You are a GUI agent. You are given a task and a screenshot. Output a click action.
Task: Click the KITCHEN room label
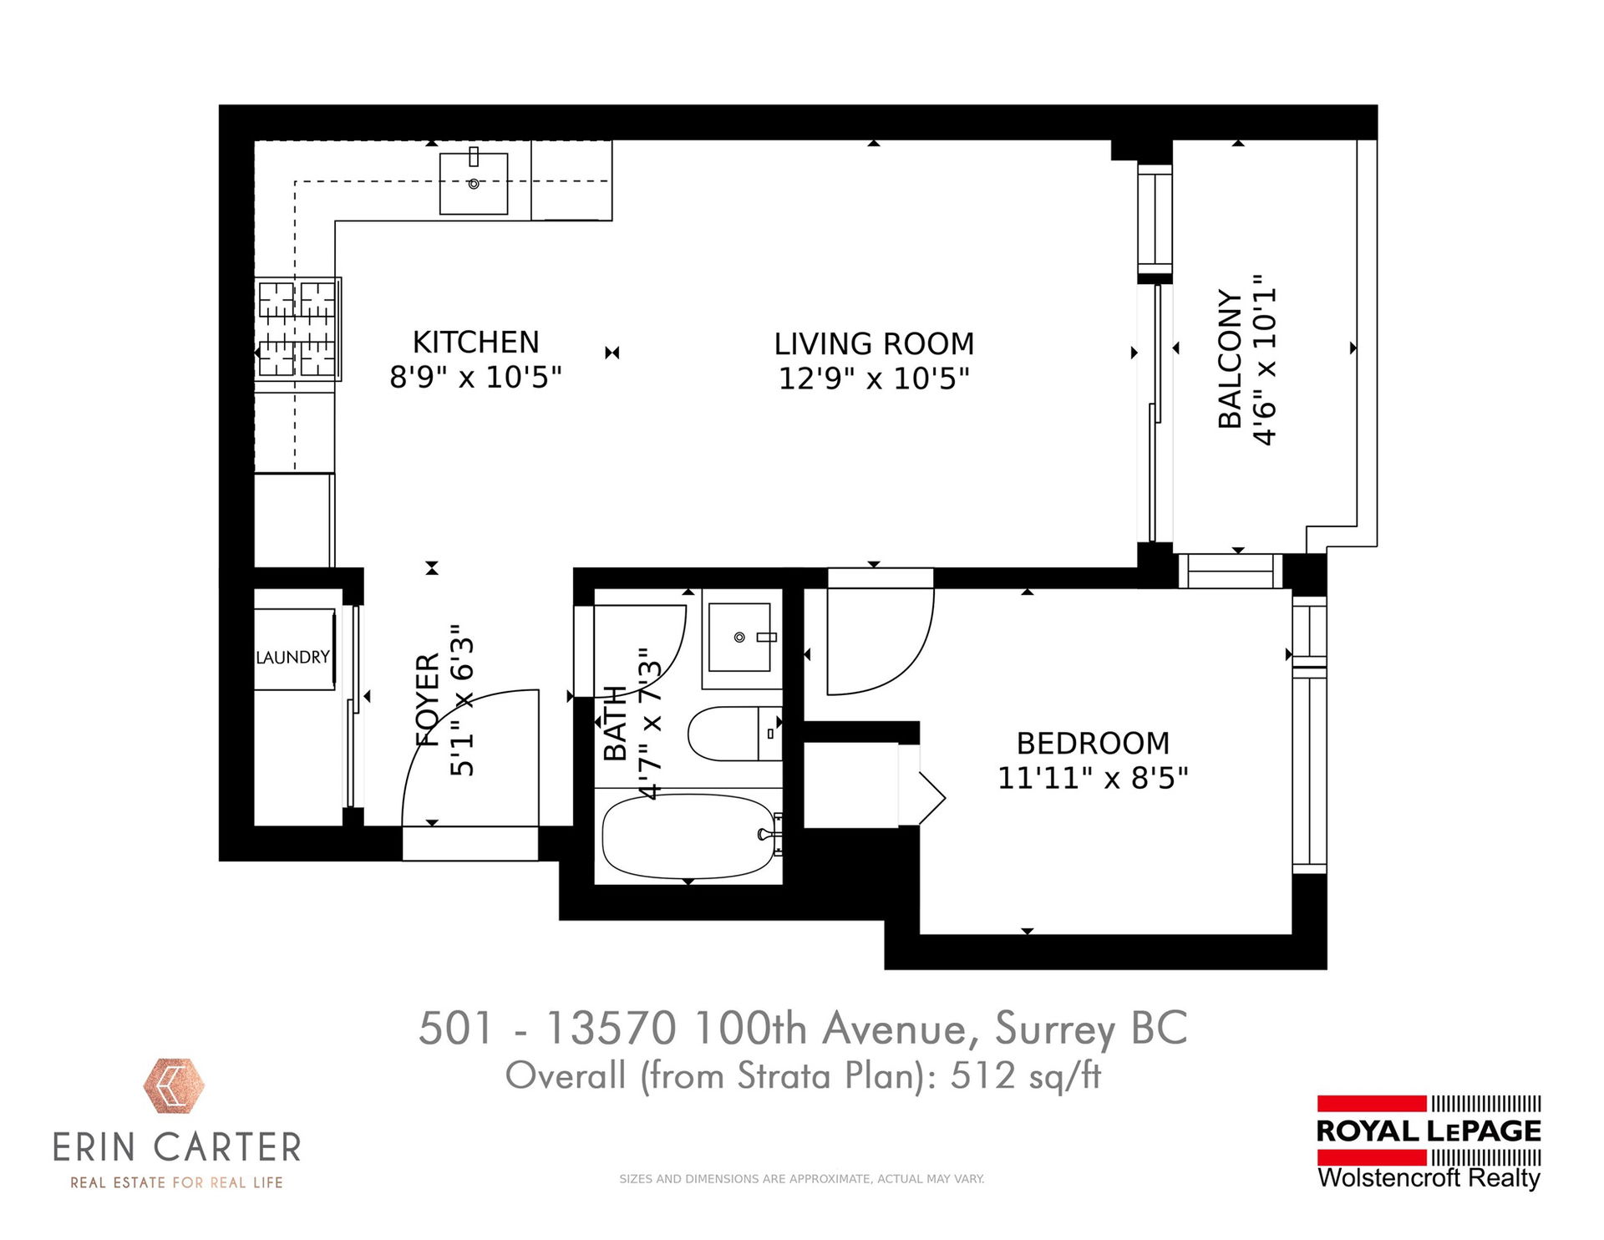click(475, 342)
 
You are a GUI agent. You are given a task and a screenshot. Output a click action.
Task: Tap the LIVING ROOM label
click(874, 343)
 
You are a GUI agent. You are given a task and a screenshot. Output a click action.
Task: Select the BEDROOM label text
click(1093, 743)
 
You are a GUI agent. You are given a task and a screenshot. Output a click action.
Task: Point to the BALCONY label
click(1229, 359)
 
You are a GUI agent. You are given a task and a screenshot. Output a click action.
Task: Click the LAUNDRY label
click(292, 658)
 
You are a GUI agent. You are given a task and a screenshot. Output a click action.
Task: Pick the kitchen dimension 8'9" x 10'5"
click(475, 377)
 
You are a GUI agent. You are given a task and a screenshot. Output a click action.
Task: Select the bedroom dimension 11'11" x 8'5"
click(1093, 778)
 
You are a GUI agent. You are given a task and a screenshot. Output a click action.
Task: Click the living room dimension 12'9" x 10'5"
click(874, 379)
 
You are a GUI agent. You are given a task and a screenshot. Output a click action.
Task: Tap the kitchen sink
click(474, 183)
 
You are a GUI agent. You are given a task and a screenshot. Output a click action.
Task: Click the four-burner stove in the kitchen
click(298, 329)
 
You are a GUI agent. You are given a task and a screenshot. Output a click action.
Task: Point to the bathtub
click(689, 836)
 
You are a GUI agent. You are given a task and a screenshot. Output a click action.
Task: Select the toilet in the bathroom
click(734, 734)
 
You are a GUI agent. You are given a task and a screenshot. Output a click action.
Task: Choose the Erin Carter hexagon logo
click(174, 1086)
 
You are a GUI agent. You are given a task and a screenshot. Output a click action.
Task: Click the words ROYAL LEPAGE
click(1429, 1131)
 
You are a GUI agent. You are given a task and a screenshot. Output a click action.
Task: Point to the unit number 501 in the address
click(455, 1028)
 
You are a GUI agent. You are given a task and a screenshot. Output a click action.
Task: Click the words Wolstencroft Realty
click(1429, 1177)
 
